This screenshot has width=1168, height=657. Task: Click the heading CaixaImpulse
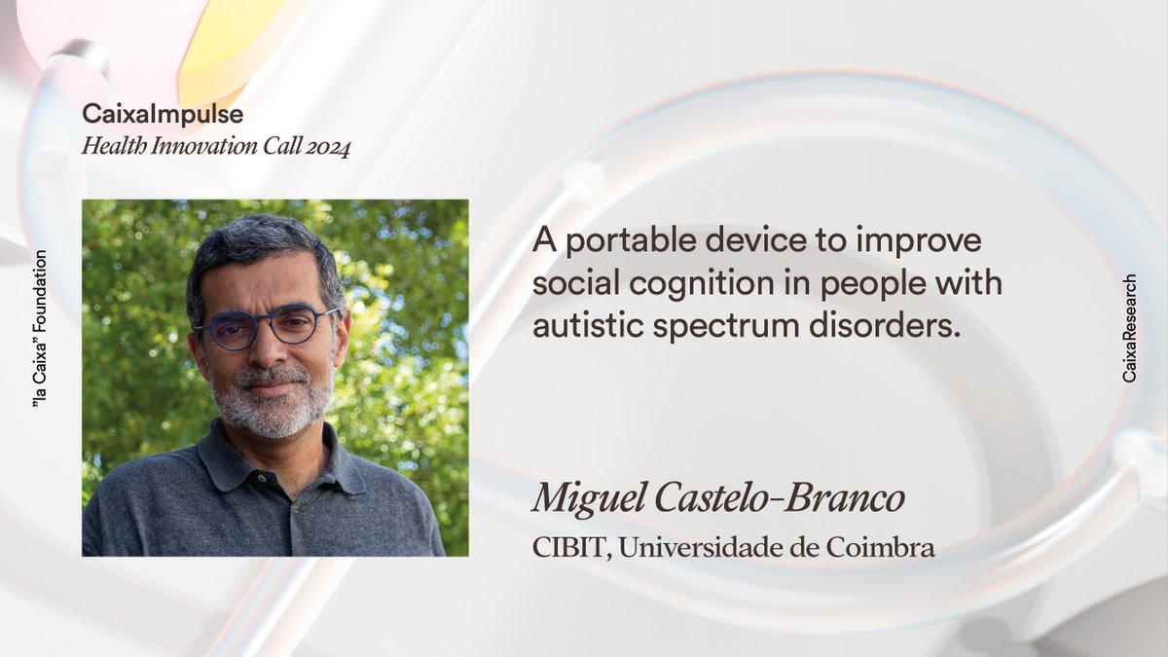[x=163, y=115]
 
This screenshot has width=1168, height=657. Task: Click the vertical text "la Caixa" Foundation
[x=40, y=327]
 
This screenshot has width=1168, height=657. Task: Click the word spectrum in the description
[x=720, y=326]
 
